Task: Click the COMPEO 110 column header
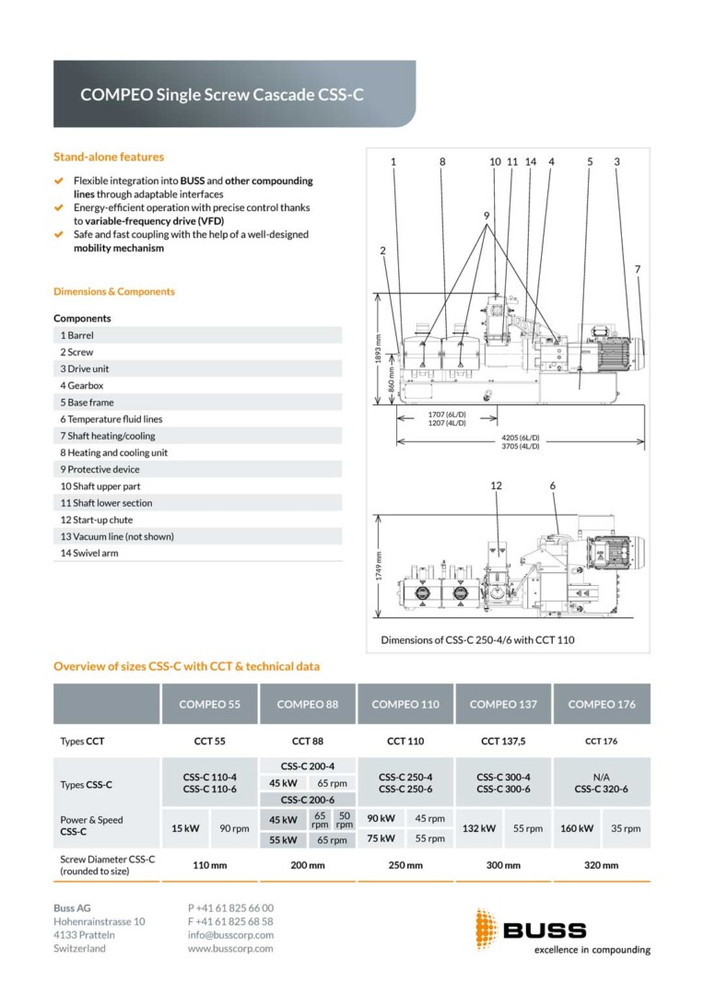pos(405,704)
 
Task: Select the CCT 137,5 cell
pos(503,741)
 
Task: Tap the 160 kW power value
pos(577,828)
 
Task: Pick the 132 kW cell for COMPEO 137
pos(478,828)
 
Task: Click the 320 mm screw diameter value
pos(601,865)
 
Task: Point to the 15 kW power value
pos(185,828)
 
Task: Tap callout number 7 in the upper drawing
pos(638,269)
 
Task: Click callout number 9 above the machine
pos(487,216)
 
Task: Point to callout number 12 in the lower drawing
pos(496,486)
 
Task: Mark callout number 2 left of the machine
pos(382,251)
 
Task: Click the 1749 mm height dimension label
pos(379,566)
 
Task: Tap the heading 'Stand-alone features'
pos(109,157)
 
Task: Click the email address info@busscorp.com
pos(230,935)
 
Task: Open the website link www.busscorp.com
pos(230,949)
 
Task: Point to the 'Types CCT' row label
pos(82,741)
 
